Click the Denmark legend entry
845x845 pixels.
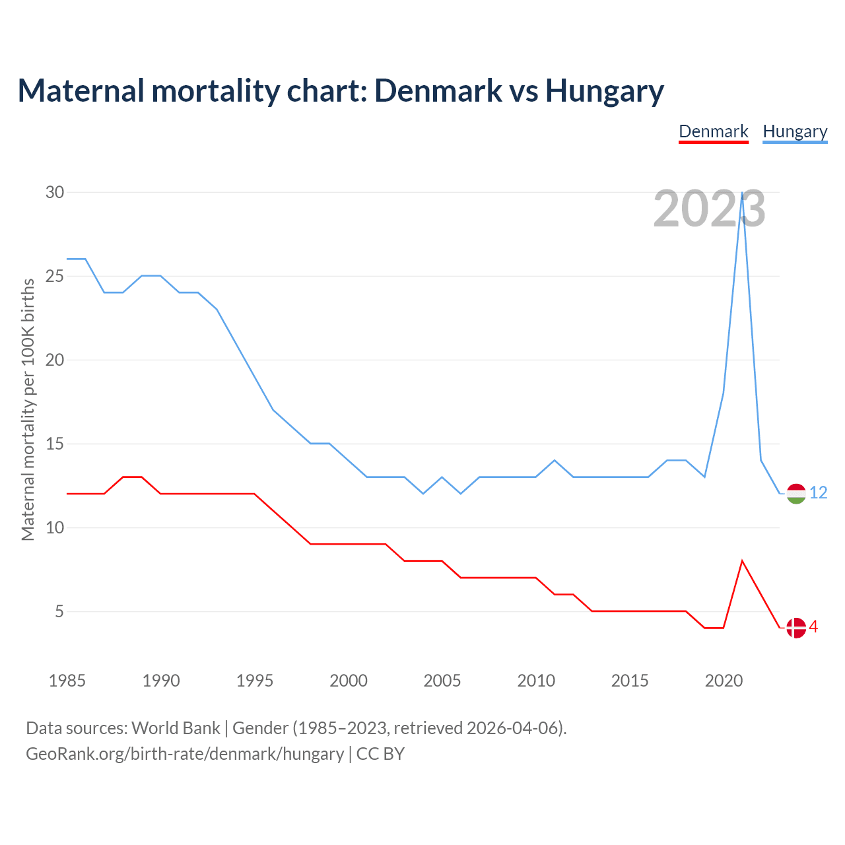click(714, 131)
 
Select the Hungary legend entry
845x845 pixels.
click(795, 131)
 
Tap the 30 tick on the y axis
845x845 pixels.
click(55, 192)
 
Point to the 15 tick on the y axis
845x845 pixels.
click(55, 444)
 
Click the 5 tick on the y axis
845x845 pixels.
click(59, 611)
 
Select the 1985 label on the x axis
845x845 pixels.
click(67, 681)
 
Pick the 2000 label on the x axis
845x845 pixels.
click(349, 681)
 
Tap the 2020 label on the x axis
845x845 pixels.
click(724, 681)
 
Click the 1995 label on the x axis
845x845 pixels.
click(255, 681)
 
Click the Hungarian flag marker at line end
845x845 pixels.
click(796, 494)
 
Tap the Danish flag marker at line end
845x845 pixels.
click(796, 628)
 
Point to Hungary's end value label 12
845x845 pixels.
click(819, 493)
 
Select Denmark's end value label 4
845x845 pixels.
click(814, 627)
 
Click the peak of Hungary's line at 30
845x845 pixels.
click(743, 193)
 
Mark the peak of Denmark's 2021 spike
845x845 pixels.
click(743, 561)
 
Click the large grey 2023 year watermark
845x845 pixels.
click(709, 209)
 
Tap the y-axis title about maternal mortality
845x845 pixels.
click(28, 409)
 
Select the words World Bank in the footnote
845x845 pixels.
click(176, 728)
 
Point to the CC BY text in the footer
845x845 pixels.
click(380, 754)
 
